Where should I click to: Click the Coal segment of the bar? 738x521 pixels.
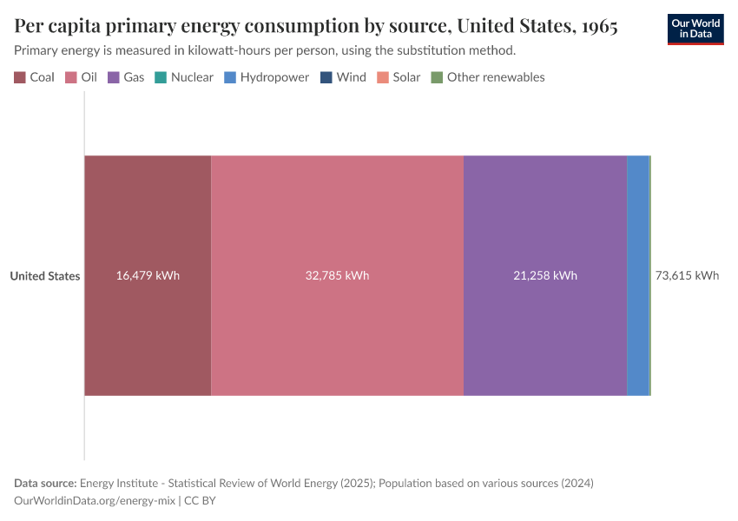[x=148, y=217]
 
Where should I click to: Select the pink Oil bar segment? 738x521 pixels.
[x=337, y=217]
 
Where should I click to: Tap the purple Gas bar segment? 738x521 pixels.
[x=544, y=217]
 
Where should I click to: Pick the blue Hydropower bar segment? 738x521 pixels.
[x=637, y=276]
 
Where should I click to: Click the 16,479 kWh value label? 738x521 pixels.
[x=148, y=276]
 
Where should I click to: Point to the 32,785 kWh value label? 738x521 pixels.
[x=337, y=276]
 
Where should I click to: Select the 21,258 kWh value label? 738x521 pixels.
[x=544, y=276]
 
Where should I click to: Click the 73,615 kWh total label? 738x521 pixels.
[x=687, y=276]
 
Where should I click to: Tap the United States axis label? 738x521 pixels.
[x=45, y=276]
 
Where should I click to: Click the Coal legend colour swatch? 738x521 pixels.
[x=20, y=77]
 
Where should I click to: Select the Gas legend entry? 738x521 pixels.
[x=126, y=77]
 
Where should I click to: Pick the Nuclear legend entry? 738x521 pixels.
[x=184, y=77]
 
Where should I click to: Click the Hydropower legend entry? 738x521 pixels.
[x=267, y=77]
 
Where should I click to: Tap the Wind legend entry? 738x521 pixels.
[x=343, y=77]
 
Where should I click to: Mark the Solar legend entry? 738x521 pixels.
[x=399, y=77]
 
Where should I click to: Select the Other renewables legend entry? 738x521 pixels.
[x=488, y=77]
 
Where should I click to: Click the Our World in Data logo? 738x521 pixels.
[x=695, y=29]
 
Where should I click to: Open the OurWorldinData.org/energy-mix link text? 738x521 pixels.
[x=96, y=501]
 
